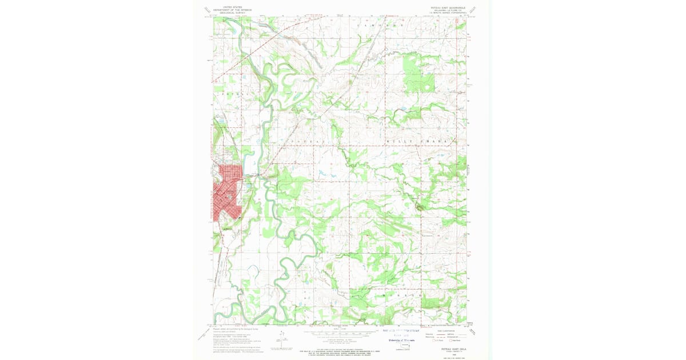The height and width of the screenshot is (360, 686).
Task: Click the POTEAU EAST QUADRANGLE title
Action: (x=444, y=7)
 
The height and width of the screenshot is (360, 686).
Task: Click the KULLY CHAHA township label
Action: (x=420, y=141)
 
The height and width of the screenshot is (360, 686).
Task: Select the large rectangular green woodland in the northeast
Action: (x=418, y=71)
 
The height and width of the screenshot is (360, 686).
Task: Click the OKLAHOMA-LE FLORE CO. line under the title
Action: (x=444, y=10)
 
